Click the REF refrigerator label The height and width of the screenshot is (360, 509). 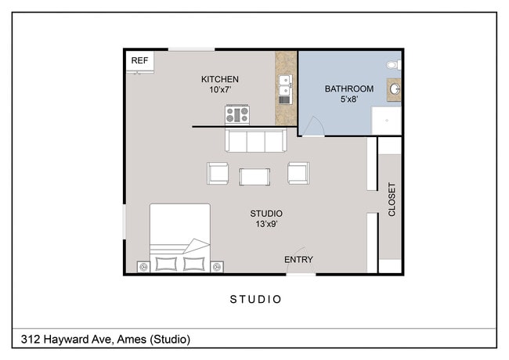[139, 61]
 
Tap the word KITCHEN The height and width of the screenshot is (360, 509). [220, 79]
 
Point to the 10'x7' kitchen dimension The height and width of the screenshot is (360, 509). [220, 90]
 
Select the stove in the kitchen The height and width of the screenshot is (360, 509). [236, 115]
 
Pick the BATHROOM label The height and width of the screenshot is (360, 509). [349, 88]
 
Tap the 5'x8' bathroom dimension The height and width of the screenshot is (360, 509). [349, 99]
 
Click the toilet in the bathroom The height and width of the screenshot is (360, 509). [394, 63]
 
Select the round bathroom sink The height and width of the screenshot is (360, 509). [395, 90]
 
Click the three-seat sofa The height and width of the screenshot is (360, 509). [254, 141]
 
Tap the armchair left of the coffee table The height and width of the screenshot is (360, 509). [218, 173]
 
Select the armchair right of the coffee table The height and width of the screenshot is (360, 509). [298, 173]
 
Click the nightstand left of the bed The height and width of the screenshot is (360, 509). [143, 267]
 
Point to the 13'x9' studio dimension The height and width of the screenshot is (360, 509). [266, 225]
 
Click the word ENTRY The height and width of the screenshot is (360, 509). [298, 260]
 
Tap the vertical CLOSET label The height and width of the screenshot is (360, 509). [392, 200]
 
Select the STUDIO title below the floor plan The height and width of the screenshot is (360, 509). [255, 299]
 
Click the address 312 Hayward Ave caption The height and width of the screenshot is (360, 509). [103, 339]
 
